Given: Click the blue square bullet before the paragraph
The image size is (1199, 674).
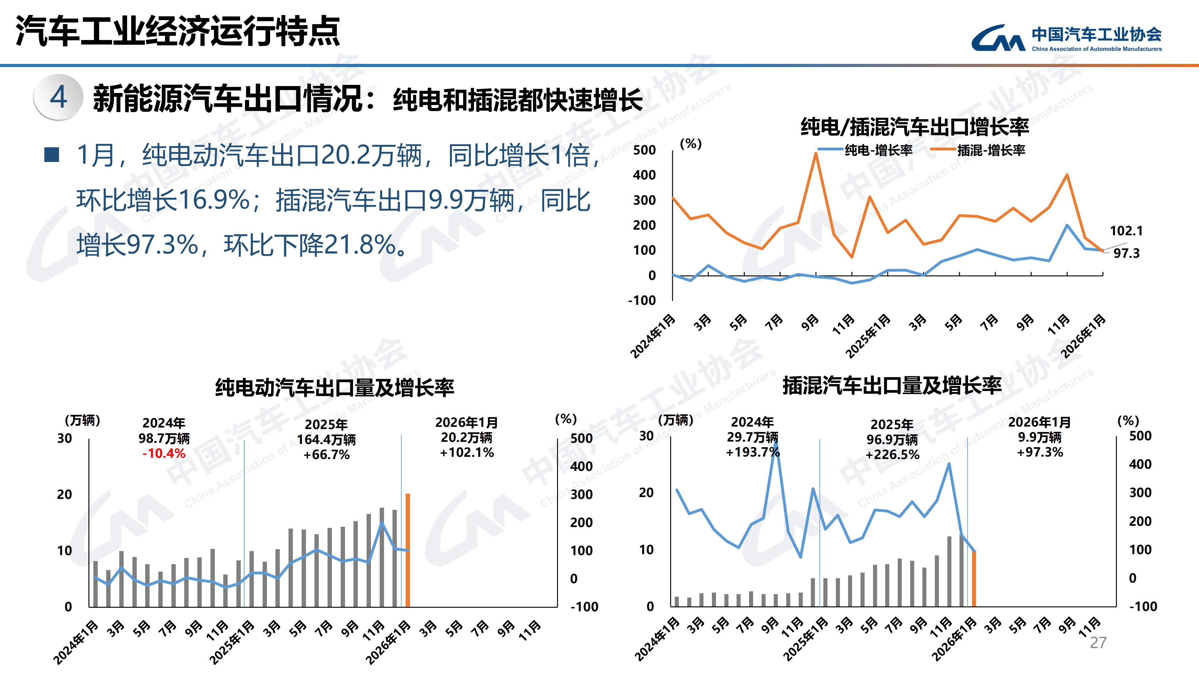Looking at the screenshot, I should click(51, 155).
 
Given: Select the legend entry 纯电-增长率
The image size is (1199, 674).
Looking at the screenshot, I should click(866, 150).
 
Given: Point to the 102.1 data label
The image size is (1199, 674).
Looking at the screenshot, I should click(1126, 231).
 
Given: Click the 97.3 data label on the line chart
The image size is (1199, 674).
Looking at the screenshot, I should click(1126, 253).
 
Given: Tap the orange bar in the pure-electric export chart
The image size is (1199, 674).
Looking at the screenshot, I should click(408, 550).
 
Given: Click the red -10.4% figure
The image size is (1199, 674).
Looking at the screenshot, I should click(164, 453).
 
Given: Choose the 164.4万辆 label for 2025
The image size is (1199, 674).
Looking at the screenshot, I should click(326, 440).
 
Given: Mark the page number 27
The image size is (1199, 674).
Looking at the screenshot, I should click(1098, 643).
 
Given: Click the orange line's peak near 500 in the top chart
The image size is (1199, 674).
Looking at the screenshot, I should click(816, 154).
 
